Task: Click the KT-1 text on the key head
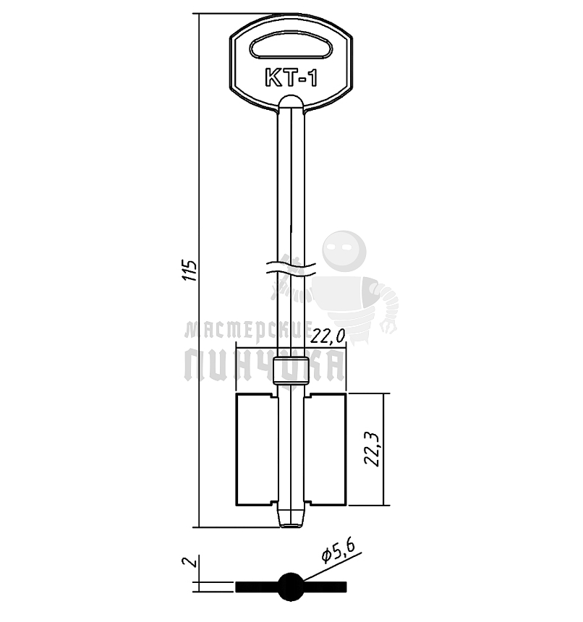coord(291,77)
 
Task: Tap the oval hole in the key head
coord(291,47)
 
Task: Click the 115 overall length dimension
coord(190,271)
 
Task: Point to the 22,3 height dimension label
coord(372,448)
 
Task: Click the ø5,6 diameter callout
coord(337,552)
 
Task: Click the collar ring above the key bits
coord(291,371)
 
